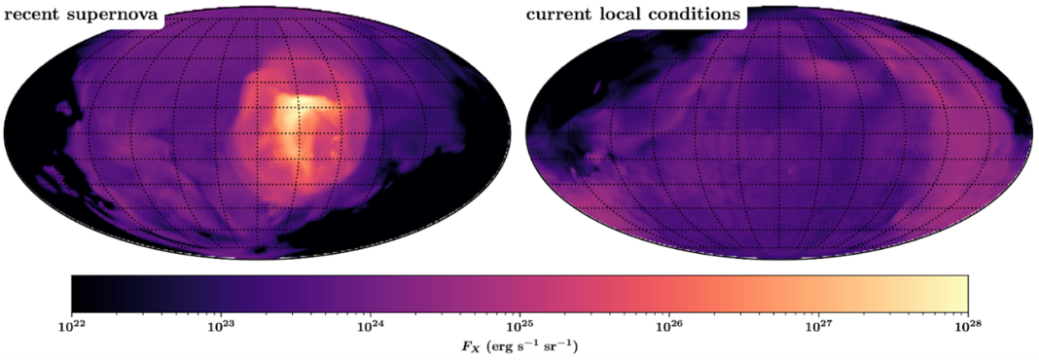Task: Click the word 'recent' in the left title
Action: tap(34, 16)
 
